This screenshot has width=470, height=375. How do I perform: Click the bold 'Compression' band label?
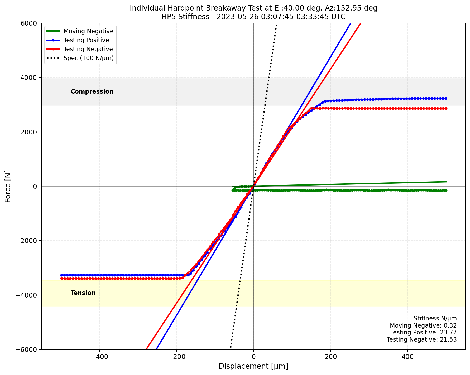[x=92, y=91]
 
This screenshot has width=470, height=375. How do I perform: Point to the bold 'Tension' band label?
[x=83, y=293]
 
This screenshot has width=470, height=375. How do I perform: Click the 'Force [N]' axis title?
[x=8, y=186]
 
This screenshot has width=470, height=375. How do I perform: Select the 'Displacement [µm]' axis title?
[x=253, y=366]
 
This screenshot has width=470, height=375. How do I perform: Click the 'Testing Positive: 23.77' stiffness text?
[x=423, y=333]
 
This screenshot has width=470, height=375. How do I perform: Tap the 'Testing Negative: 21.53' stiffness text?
[x=422, y=339]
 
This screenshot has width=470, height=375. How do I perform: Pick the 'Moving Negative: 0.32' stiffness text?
[x=423, y=326]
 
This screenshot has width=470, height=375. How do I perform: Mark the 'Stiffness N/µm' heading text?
[x=435, y=319]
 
